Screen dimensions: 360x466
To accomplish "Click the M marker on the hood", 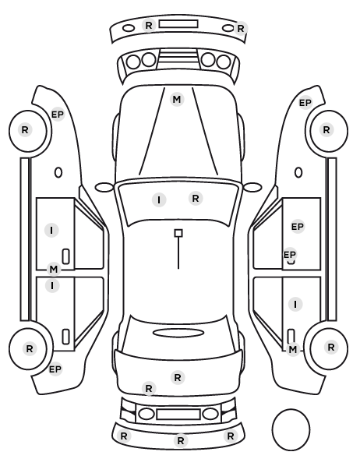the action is (x=177, y=99).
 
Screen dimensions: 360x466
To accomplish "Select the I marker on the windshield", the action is (x=159, y=200).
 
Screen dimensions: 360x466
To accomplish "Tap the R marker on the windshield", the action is (x=196, y=198).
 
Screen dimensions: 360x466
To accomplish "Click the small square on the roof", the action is (x=178, y=233).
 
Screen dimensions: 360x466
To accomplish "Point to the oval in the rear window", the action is (x=178, y=333).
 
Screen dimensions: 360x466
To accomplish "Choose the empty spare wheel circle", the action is (x=291, y=429).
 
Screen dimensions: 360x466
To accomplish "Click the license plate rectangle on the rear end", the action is (x=178, y=415).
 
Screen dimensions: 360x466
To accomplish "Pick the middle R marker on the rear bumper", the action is (x=181, y=441).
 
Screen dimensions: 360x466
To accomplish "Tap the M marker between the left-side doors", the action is (x=54, y=270).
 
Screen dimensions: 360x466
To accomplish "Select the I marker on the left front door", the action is (x=51, y=231).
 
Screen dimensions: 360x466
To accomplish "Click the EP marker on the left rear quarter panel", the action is (x=55, y=369).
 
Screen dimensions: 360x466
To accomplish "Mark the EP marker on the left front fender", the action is (x=58, y=115).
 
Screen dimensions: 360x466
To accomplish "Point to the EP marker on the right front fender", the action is (x=305, y=103).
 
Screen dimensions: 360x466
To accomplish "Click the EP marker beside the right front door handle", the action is (x=290, y=255).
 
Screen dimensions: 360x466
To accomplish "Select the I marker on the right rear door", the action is (x=295, y=305).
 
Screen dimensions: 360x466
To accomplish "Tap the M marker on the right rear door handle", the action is (x=292, y=349).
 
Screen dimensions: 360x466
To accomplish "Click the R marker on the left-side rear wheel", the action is (x=30, y=348).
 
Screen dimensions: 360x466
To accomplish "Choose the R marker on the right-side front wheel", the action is (x=326, y=130).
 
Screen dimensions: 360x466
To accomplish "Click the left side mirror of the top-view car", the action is (x=104, y=187).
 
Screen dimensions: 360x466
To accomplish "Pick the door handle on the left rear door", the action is (x=66, y=337).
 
